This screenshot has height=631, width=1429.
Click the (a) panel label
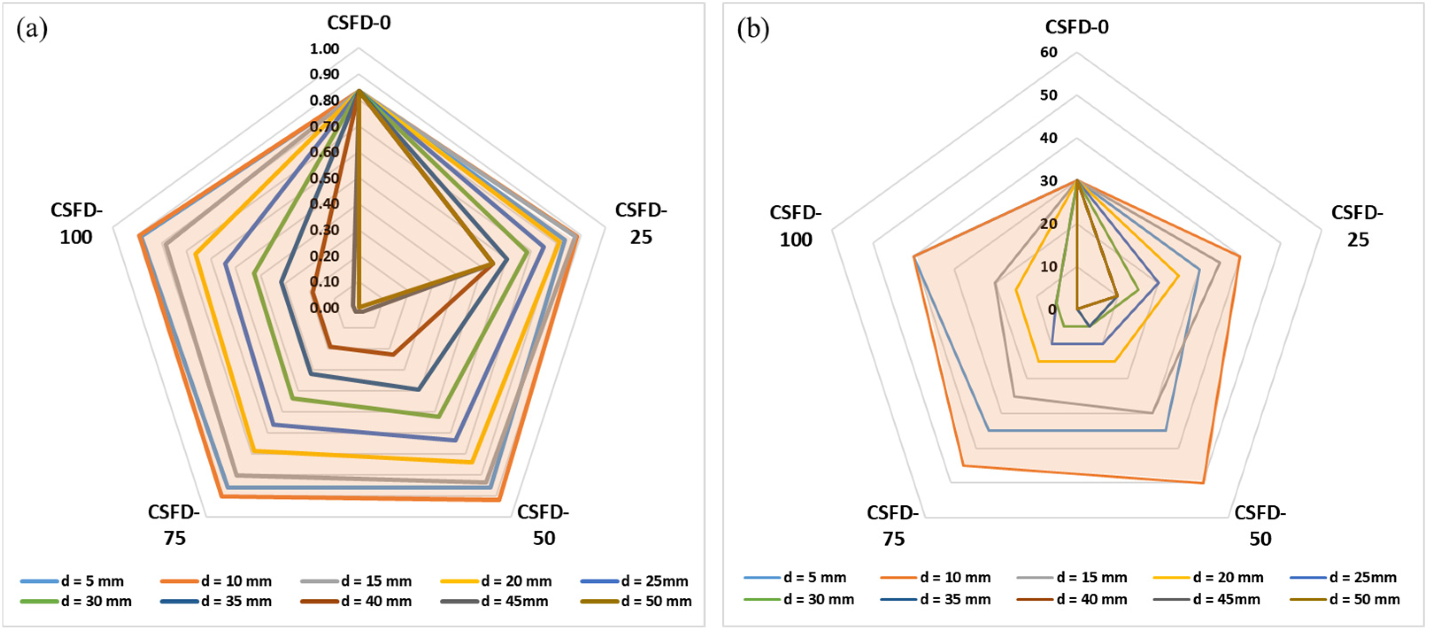click(x=31, y=29)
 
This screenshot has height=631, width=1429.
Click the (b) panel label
click(x=753, y=29)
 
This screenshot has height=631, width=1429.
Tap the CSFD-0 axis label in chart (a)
click(x=358, y=23)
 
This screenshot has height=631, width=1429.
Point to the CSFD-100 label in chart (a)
click(x=77, y=223)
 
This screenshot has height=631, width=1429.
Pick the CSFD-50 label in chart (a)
click(x=543, y=524)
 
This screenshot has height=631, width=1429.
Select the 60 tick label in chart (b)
click(x=1049, y=52)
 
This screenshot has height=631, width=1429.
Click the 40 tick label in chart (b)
click(x=1049, y=138)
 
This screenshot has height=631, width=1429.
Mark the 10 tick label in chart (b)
click(x=1049, y=266)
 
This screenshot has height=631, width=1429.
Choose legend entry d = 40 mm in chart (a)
click(x=376, y=601)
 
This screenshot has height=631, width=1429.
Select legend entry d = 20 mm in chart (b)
click(x=1228, y=578)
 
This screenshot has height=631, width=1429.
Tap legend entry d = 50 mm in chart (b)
click(x=1364, y=600)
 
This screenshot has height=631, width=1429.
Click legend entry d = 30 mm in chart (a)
click(x=96, y=601)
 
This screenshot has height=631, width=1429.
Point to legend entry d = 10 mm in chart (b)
click(x=955, y=578)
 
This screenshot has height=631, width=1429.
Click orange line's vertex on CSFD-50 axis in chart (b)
click(x=1202, y=483)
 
